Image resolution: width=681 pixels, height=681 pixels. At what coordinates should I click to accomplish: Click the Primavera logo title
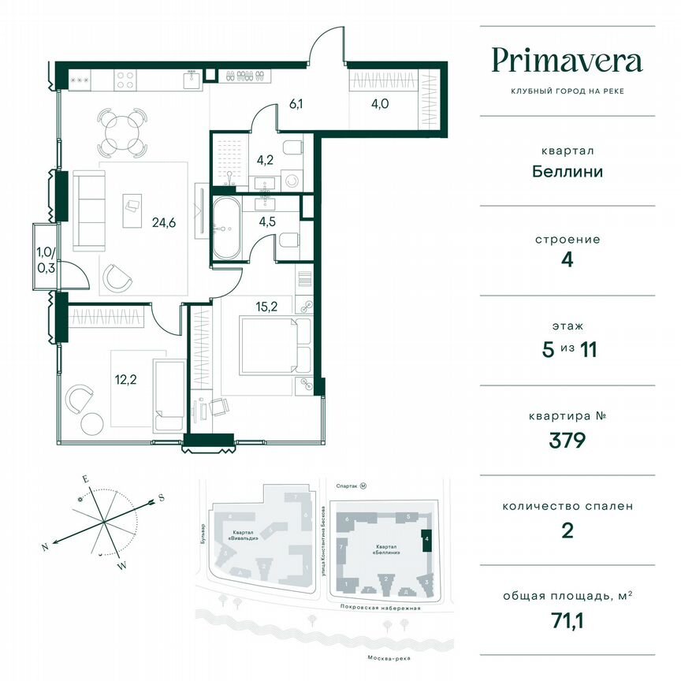567,61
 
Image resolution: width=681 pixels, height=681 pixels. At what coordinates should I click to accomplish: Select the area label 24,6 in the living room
163,222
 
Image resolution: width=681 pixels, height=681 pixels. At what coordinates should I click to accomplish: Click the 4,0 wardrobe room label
382,101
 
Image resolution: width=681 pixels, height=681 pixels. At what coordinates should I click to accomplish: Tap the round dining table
121,132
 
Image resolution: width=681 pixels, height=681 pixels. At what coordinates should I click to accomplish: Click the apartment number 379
567,440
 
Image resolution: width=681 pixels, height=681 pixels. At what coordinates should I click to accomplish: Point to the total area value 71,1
567,620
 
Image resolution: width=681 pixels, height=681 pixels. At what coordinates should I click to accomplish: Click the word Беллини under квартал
567,171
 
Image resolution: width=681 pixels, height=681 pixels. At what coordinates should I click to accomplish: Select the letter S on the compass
161,497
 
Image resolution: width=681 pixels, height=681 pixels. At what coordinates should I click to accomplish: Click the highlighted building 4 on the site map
426,540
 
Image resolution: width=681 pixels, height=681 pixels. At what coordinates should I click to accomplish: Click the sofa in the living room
88,210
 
